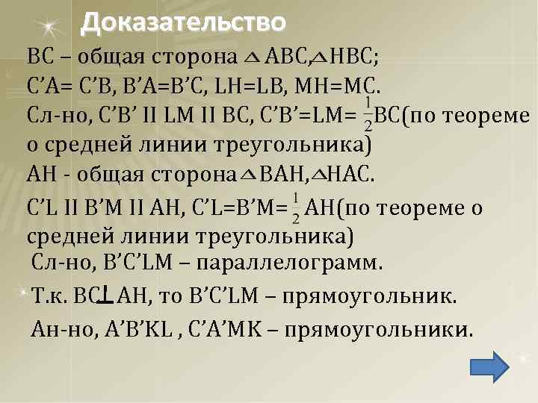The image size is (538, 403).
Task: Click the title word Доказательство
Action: (x=183, y=23)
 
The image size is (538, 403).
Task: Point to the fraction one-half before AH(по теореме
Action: (x=297, y=208)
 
